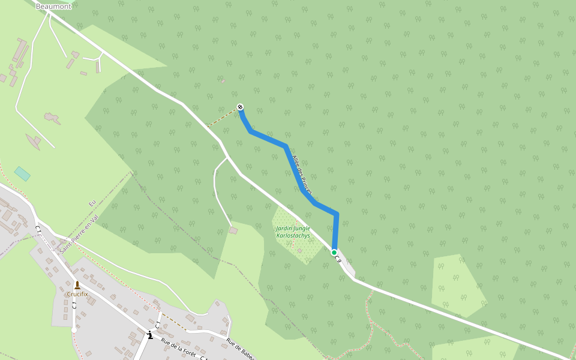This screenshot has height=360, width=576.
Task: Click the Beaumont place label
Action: point(53,6)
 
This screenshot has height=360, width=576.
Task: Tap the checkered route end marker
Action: point(240,107)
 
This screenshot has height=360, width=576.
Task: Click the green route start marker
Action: point(334,253)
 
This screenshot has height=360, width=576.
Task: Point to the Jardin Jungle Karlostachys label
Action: point(293,232)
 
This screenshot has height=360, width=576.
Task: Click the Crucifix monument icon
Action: point(77,284)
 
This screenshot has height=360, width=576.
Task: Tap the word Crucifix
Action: point(77,294)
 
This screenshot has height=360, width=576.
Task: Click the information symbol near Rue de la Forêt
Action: point(149,335)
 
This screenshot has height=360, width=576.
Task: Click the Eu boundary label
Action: point(92,204)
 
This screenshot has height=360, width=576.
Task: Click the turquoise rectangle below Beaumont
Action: point(22,173)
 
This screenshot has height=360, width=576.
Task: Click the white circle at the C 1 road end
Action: point(74,330)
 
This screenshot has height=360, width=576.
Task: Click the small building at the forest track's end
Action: point(233,230)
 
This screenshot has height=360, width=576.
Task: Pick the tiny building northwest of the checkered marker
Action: point(222,81)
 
